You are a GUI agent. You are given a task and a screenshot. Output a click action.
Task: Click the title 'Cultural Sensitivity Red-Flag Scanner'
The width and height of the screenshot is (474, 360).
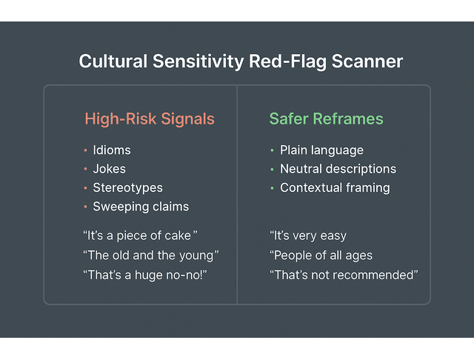(x=241, y=61)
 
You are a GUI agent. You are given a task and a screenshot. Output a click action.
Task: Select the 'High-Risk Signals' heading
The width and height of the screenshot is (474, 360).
(x=150, y=119)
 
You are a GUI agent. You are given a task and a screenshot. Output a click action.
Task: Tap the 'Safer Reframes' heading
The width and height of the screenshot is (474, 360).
(x=327, y=119)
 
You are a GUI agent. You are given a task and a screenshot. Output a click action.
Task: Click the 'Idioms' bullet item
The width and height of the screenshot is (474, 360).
(x=111, y=150)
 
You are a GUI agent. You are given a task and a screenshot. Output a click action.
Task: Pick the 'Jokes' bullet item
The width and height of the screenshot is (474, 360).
(x=109, y=169)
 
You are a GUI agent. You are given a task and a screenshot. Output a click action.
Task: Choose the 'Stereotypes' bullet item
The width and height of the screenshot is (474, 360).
(x=127, y=188)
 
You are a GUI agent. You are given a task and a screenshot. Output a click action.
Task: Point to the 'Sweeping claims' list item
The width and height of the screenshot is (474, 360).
(x=141, y=207)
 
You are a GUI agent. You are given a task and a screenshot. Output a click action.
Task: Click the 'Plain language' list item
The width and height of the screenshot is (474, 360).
(x=321, y=150)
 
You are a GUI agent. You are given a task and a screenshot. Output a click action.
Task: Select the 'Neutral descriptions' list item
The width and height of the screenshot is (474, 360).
(x=338, y=169)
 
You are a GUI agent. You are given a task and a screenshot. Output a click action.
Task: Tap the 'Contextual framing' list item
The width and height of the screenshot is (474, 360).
(x=335, y=188)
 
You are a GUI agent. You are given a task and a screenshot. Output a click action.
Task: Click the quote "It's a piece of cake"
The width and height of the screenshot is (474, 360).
(x=140, y=236)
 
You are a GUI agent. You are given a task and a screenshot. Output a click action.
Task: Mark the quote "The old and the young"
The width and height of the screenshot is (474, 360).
(x=151, y=256)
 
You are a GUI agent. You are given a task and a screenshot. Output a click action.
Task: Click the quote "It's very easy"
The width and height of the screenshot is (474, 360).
(x=308, y=236)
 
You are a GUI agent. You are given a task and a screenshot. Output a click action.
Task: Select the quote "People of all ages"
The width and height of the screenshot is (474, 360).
(x=321, y=256)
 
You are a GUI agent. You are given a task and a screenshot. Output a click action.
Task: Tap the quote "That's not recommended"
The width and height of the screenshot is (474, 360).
(x=344, y=275)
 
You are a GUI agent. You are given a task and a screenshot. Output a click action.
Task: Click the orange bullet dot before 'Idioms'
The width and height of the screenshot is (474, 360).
(x=85, y=150)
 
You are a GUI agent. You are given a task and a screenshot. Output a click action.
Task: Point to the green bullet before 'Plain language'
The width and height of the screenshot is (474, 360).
(x=272, y=150)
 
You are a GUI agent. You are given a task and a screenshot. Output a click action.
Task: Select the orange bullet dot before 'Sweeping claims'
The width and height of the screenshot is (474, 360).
(x=85, y=207)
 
